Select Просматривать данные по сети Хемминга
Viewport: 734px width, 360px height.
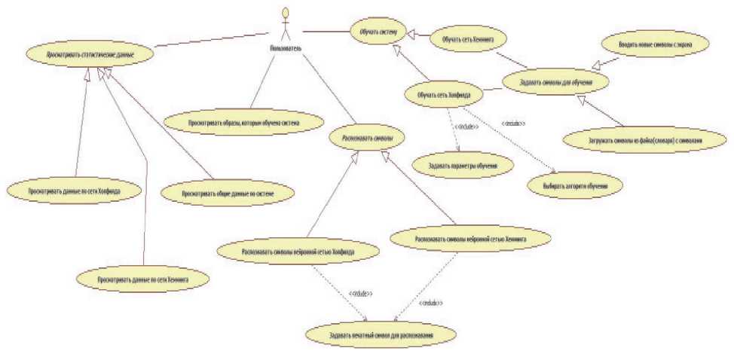click(x=142, y=279)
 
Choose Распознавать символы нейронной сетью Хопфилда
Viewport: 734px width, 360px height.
click(x=298, y=252)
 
